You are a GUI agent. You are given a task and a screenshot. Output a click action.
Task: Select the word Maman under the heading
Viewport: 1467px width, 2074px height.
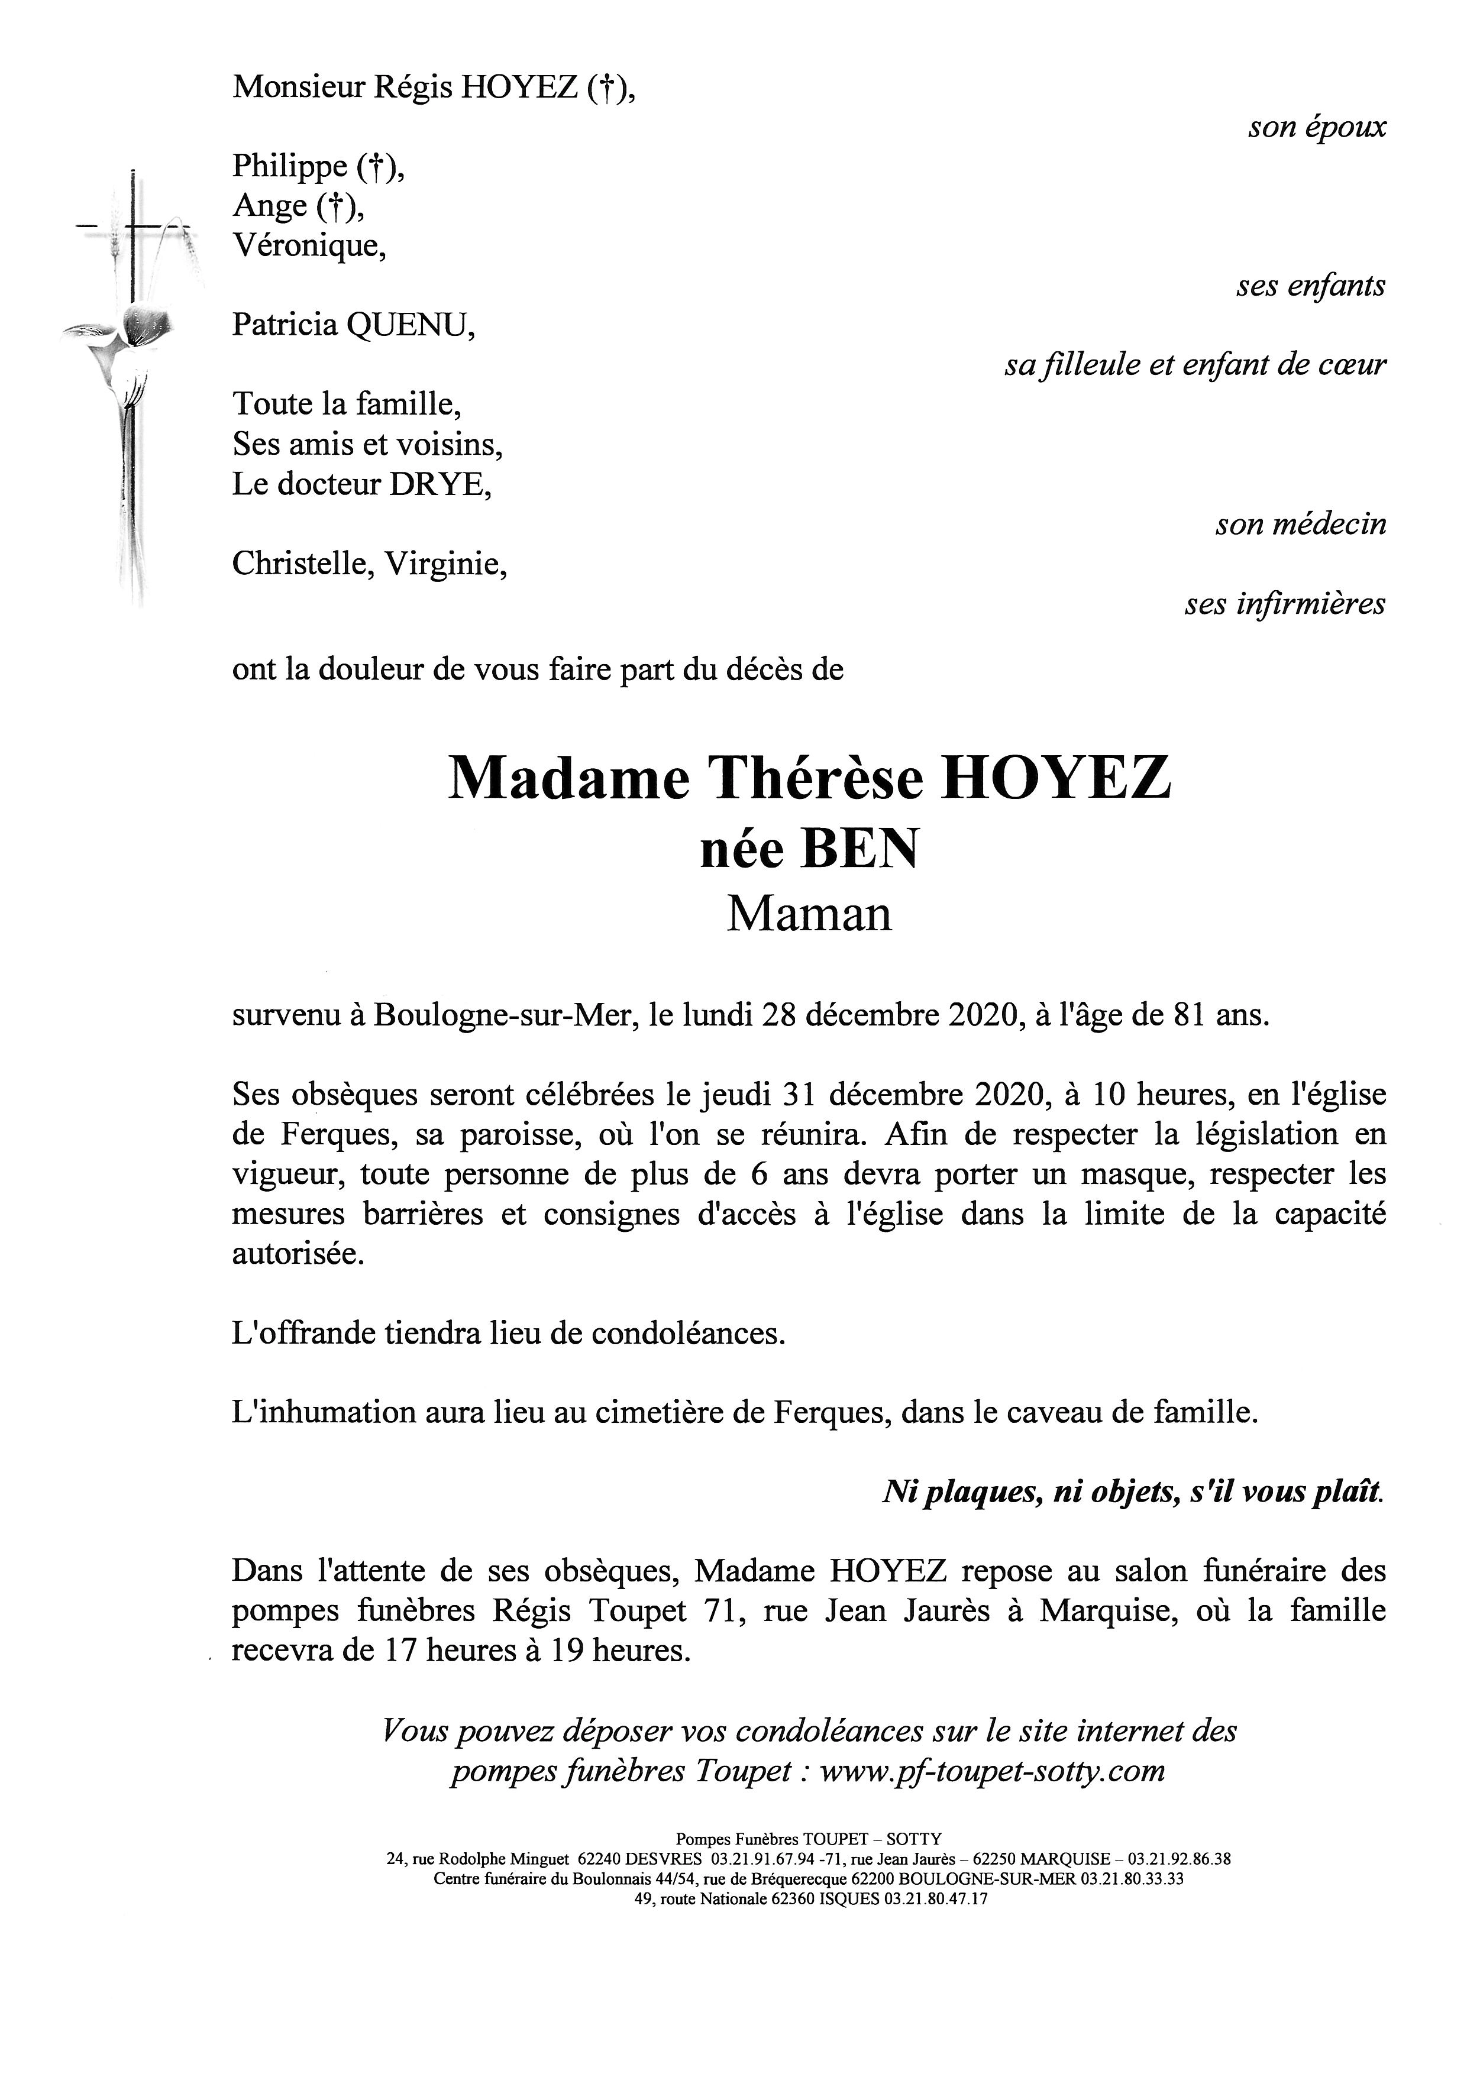pyautogui.click(x=809, y=915)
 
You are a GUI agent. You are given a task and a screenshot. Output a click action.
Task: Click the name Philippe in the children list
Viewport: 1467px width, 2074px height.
pyautogui.click(x=289, y=166)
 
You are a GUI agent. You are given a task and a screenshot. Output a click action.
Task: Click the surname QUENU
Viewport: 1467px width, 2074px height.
pyautogui.click(x=411, y=325)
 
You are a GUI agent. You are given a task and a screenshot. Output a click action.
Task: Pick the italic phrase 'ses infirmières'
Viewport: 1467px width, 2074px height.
pyautogui.click(x=1285, y=604)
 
